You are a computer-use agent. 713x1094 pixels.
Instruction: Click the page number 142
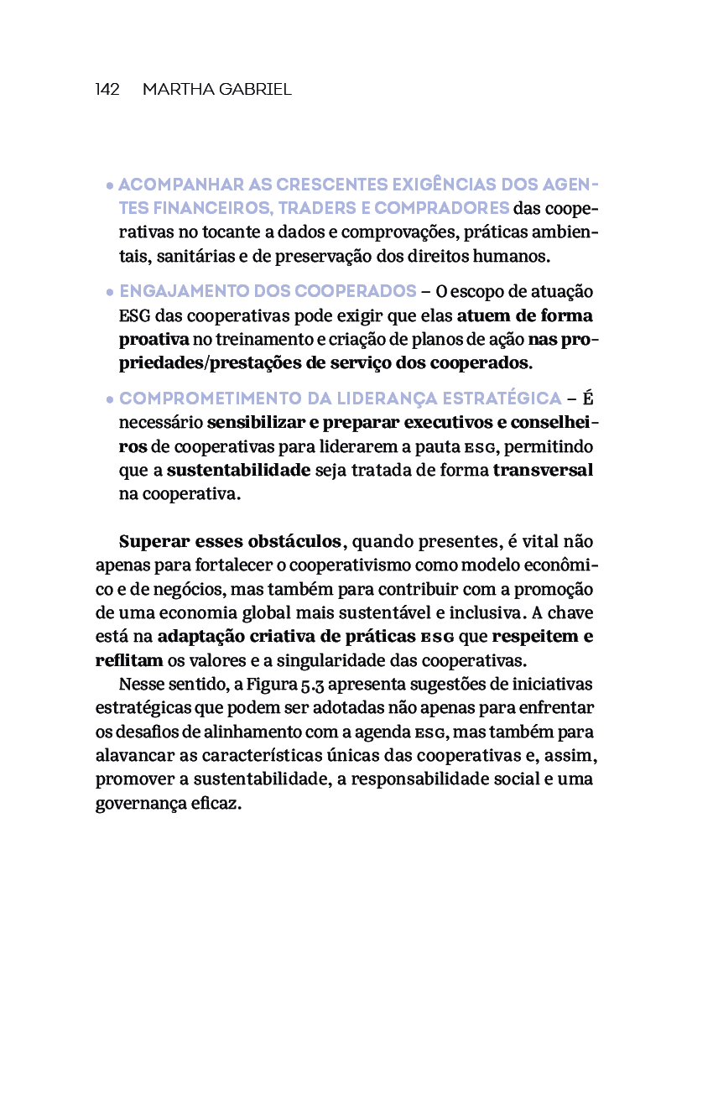tap(107, 90)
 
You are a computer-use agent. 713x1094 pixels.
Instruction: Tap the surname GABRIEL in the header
tap(254, 90)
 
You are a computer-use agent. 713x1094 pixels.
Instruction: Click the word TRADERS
tap(325, 208)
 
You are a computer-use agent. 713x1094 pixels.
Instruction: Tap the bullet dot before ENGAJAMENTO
tap(110, 293)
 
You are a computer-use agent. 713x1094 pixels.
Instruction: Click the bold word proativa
tap(154, 340)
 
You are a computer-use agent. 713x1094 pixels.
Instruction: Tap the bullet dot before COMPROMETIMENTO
tap(110, 399)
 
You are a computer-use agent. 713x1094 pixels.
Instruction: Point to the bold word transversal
tap(543, 470)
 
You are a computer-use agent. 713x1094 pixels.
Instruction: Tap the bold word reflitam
tap(129, 659)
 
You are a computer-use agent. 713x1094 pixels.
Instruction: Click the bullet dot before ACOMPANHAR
tap(110, 185)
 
